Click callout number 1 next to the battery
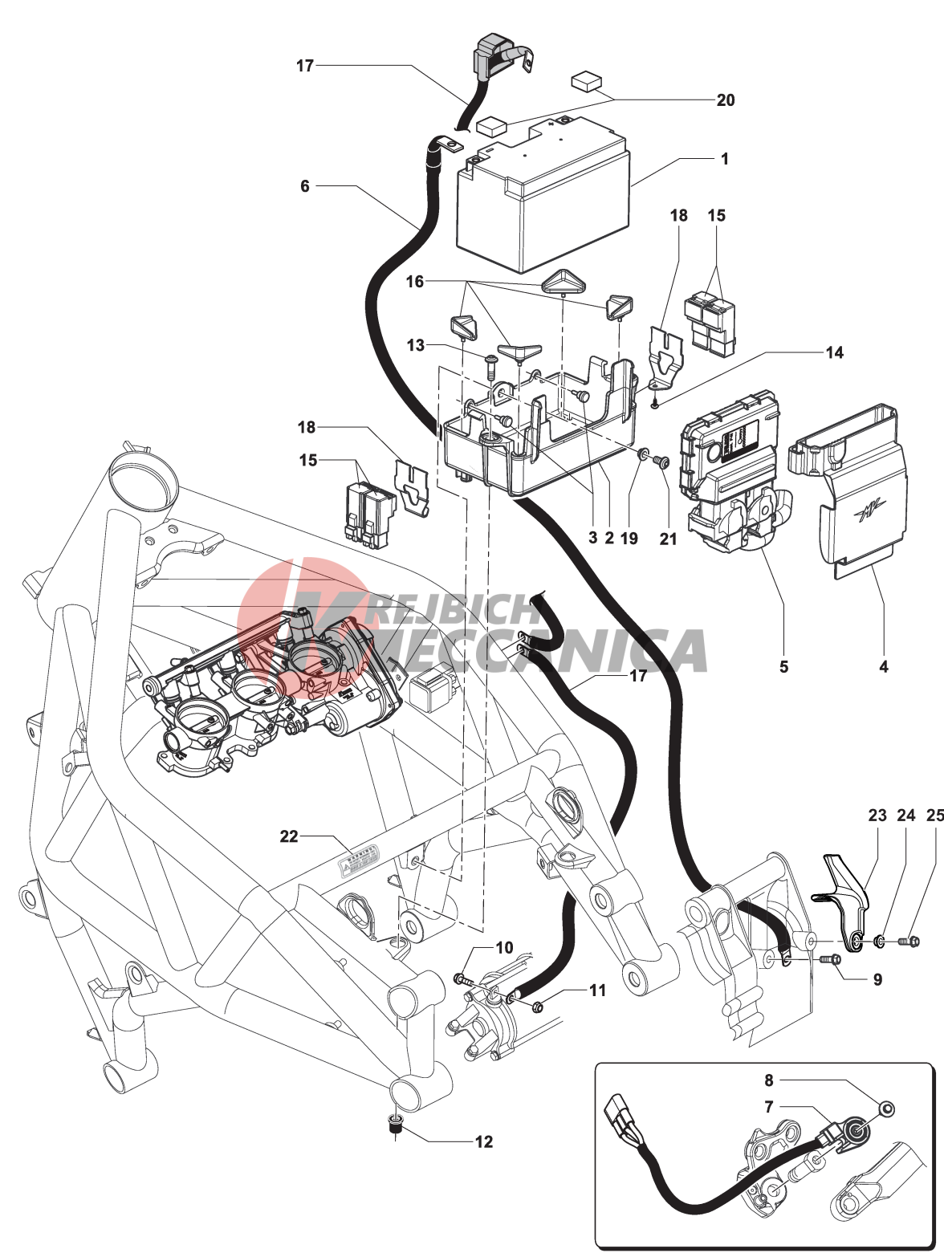(x=724, y=159)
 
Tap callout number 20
(x=725, y=100)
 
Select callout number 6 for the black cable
(x=305, y=186)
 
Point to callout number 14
(x=834, y=352)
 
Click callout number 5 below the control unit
(x=783, y=666)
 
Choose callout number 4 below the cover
(x=883, y=666)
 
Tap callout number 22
(x=289, y=836)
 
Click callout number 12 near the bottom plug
(x=483, y=1141)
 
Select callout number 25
(x=934, y=816)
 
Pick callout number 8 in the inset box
(x=768, y=1080)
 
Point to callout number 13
(x=415, y=345)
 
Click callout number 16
(x=414, y=282)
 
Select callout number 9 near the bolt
(x=877, y=979)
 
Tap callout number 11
(x=597, y=991)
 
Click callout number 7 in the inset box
(x=768, y=1107)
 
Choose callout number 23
(x=877, y=816)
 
